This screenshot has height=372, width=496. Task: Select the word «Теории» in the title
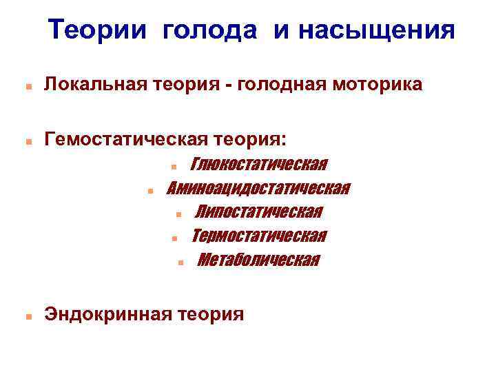coord(102,30)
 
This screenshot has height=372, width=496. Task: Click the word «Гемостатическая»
coord(121,141)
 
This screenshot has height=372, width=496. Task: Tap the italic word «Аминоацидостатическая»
coord(258,189)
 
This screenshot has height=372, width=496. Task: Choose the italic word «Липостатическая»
coord(258,212)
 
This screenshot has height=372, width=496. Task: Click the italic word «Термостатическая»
coord(258,236)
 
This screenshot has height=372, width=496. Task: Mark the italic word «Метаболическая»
coord(258,260)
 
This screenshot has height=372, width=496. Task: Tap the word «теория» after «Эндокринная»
coord(211,315)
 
